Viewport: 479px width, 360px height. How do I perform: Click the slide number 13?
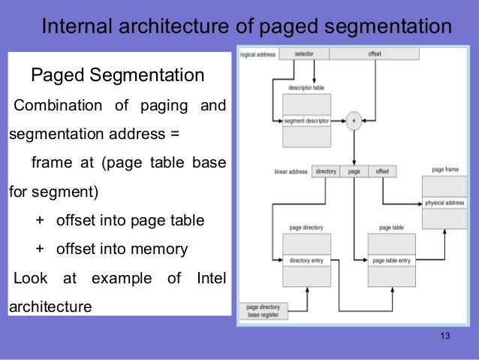(x=445, y=335)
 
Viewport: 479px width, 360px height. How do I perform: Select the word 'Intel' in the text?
(x=210, y=278)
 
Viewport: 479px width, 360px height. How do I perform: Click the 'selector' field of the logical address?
(x=303, y=54)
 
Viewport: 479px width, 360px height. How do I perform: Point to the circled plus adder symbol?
(x=353, y=119)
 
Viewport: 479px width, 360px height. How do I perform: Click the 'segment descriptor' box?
(x=307, y=119)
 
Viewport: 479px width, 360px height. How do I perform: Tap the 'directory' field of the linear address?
(x=326, y=171)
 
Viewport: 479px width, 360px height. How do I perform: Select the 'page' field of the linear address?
(x=354, y=171)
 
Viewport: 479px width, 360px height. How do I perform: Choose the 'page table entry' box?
(x=392, y=261)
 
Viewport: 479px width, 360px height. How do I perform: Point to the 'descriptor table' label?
(x=306, y=87)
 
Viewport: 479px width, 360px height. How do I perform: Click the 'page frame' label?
(x=446, y=170)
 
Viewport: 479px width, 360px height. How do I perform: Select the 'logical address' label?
(x=258, y=54)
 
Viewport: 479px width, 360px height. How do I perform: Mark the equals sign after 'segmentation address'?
(x=175, y=135)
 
